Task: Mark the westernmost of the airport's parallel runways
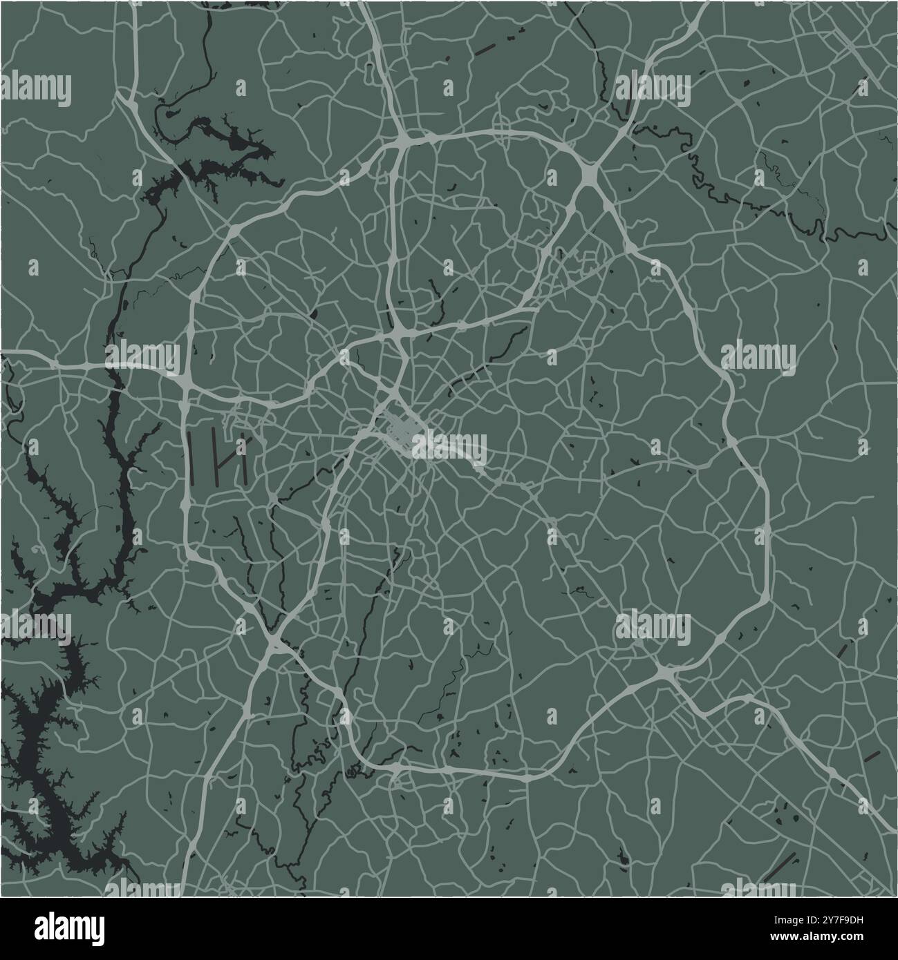pos(191,457)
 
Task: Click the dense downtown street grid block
pos(398,427)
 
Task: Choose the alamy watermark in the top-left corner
pos(36,90)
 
